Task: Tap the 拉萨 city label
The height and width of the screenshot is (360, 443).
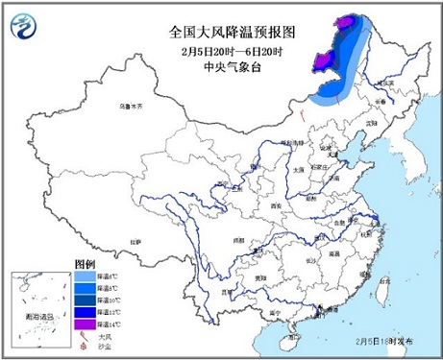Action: click(135, 240)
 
